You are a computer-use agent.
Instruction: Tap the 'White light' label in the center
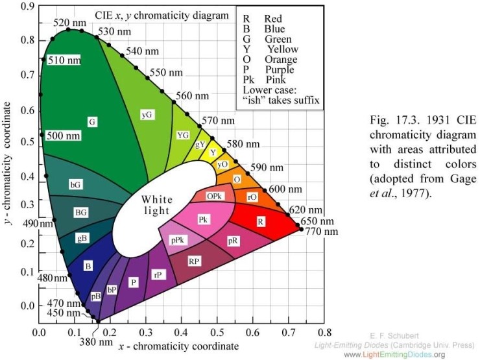tap(157, 205)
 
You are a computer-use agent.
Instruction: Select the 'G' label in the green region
tap(92, 121)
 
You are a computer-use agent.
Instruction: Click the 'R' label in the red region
tap(261, 222)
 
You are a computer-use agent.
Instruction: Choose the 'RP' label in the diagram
tap(194, 261)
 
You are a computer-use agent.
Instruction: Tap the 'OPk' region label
tap(215, 196)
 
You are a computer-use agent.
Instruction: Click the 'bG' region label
tap(76, 185)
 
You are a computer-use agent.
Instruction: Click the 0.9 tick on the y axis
tap(27, 6)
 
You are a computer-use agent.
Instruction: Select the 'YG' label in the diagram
tap(183, 135)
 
